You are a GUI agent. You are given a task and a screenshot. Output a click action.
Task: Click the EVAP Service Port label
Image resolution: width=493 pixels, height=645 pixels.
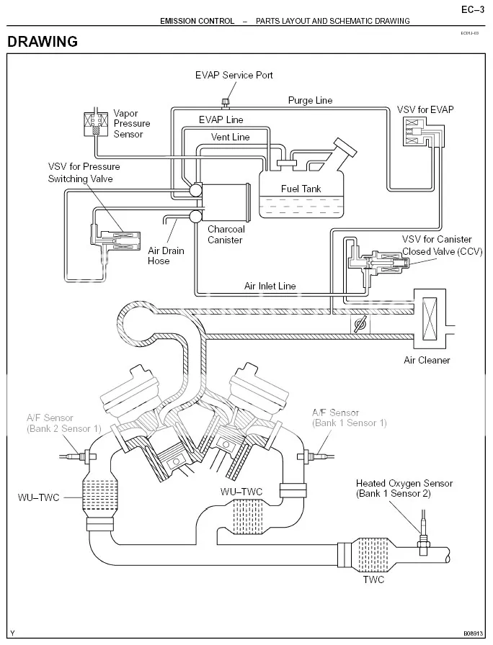234,75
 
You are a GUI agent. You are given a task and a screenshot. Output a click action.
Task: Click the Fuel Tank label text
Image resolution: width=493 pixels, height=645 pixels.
301,189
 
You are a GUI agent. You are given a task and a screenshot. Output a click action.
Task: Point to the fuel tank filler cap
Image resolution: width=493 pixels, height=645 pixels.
345,146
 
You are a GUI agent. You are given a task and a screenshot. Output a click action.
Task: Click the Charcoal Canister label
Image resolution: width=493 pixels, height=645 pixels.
226,235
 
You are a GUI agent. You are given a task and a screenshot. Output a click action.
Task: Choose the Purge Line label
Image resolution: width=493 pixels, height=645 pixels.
310,100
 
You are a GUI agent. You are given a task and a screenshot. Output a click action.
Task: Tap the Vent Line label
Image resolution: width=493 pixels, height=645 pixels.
230,137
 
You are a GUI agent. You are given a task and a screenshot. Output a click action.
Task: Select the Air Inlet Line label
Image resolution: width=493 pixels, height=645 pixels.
270,286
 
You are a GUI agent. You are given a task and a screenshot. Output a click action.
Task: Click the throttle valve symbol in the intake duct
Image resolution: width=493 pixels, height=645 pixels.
360,325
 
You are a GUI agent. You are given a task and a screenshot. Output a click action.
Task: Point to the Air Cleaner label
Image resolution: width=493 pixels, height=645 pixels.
427,361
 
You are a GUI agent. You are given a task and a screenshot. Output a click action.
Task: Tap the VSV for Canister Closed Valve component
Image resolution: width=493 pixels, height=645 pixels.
377,263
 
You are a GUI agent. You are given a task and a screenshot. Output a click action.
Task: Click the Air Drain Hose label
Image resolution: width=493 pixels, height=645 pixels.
166,256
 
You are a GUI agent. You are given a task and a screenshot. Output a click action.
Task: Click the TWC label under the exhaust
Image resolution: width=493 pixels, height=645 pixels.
373,579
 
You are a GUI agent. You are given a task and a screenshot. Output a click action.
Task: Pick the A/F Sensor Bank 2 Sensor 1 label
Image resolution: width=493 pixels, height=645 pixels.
64,423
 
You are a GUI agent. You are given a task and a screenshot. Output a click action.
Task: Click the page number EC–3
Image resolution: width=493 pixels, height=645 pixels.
473,9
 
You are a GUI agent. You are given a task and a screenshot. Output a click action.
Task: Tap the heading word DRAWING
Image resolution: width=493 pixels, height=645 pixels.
43,42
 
